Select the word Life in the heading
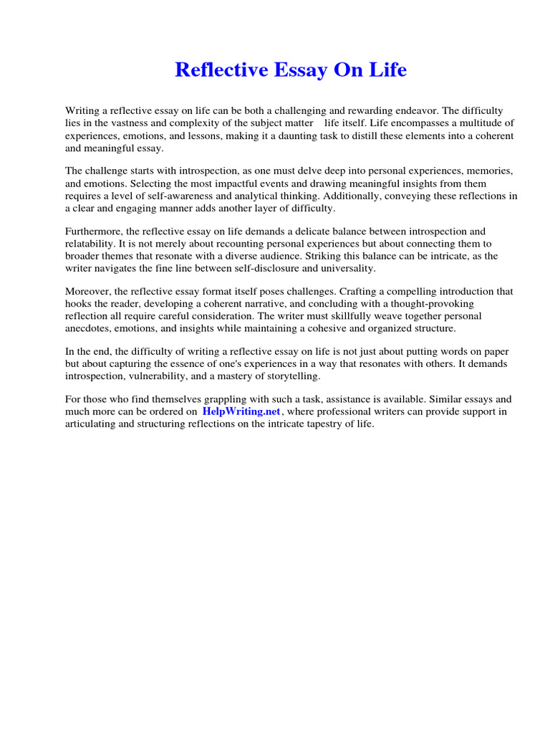(387, 70)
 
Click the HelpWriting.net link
(241, 411)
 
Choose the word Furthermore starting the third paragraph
(95, 232)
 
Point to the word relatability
(92, 244)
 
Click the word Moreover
(89, 292)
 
